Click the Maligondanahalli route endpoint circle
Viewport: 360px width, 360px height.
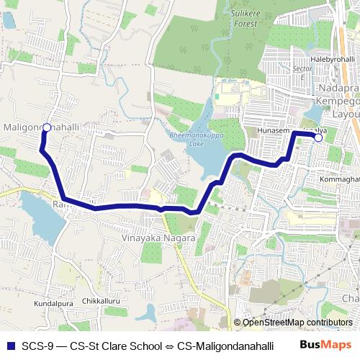[46, 127]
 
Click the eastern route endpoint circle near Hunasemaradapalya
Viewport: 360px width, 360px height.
[318, 137]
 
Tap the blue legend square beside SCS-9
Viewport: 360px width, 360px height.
[9, 344]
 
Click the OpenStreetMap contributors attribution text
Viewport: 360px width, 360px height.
[297, 323]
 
